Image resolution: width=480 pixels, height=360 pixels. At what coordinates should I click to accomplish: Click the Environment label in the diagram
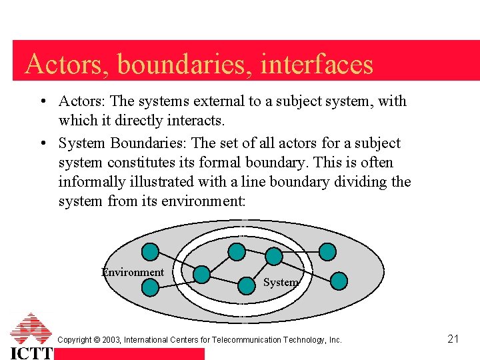(x=132, y=272)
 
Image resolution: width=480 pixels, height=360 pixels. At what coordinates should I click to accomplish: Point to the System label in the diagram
(x=280, y=282)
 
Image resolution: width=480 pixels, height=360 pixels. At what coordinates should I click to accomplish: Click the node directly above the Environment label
(x=151, y=251)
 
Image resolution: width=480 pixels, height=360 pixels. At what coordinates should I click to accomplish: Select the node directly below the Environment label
(x=151, y=287)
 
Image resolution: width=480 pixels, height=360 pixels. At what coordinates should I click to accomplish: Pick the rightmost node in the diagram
(x=339, y=281)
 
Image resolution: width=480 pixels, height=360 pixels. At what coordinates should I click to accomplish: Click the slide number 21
(x=453, y=339)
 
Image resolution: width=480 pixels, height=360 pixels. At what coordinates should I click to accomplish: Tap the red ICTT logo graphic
(x=31, y=329)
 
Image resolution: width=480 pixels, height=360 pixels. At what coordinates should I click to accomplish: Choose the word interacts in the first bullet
(x=198, y=121)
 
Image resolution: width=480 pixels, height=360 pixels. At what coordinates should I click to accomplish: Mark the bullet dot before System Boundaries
(x=42, y=143)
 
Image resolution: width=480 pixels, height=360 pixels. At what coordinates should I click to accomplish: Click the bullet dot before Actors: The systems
(x=42, y=101)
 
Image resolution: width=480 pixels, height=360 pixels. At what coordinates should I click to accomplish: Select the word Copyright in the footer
(x=74, y=340)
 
